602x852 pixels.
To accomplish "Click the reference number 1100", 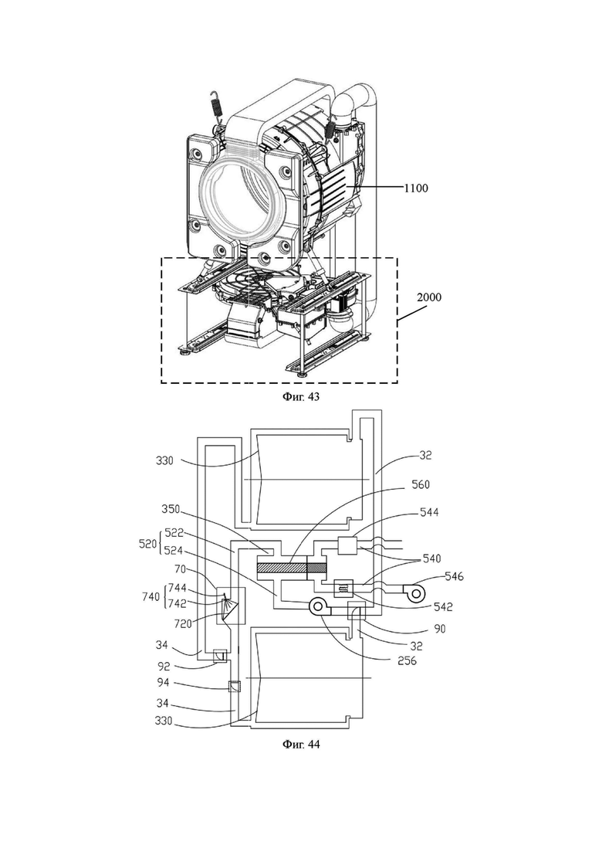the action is coord(416,188).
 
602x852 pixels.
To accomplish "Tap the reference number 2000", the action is coord(429,297).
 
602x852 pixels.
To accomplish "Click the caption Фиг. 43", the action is coord(301,397).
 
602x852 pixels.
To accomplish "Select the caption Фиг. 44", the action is coord(301,744).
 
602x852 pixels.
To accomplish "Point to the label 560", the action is coord(420,484).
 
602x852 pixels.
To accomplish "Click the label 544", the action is coord(429,512).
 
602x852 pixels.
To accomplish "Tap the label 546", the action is coord(454,576).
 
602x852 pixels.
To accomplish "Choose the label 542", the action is coord(442,607).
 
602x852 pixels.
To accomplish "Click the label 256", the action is coord(407,660).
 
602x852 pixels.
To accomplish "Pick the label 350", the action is coord(171,510).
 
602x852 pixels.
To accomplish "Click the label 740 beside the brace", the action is coord(151,596).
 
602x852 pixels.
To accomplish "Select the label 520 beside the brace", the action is coord(147,543).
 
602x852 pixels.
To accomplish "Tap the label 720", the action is coord(182,624).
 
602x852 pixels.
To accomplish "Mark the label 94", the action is coord(163,683).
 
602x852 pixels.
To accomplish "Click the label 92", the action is coord(164,666).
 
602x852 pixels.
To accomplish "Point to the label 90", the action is coord(440,629).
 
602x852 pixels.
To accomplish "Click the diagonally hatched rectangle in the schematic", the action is coord(282,568).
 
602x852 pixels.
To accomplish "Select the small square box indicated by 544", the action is coord(347,545).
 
